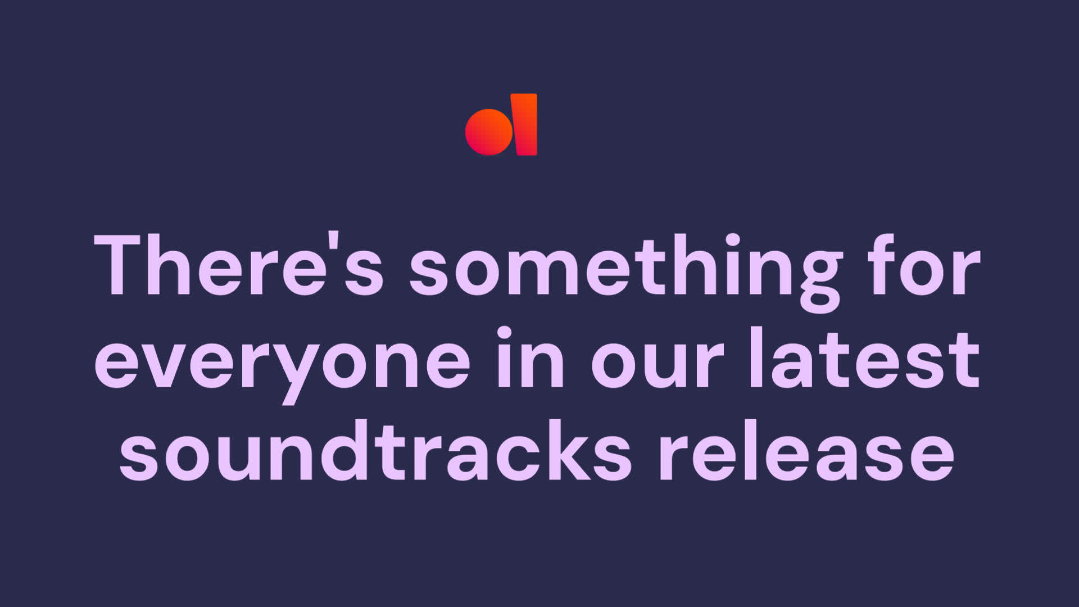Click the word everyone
(282, 365)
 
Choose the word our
(658, 365)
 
